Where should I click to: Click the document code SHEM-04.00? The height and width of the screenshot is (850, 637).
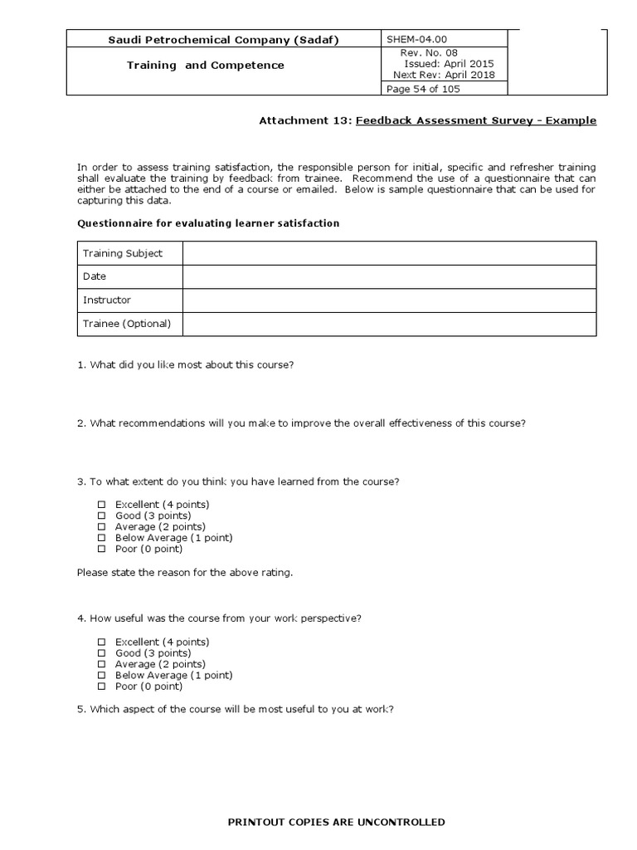412,39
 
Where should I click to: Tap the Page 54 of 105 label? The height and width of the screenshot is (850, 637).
424,89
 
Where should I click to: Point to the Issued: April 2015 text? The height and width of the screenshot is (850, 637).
448,63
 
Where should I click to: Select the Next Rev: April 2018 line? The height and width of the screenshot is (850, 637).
444,75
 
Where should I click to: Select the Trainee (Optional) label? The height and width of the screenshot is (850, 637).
127,324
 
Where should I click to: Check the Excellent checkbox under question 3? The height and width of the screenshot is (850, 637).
102,505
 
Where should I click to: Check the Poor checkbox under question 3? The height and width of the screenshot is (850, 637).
102,549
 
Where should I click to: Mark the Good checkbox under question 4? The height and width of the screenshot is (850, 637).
102,653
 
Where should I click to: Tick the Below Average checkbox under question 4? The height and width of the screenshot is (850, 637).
102,676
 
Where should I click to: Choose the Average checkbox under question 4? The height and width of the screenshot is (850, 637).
102,664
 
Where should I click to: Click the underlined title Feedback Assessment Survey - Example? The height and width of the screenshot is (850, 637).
476,120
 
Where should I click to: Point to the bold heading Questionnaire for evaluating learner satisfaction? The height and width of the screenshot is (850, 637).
208,223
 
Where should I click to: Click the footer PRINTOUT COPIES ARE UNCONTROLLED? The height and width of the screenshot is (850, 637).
336,822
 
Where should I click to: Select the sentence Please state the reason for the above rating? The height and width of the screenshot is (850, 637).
185,573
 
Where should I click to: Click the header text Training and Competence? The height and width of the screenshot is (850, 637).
205,65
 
